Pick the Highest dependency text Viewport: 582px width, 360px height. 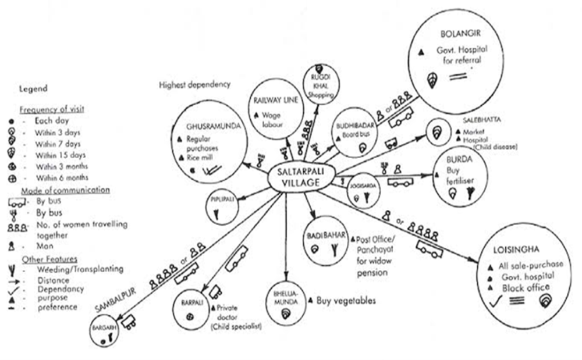tap(194, 84)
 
